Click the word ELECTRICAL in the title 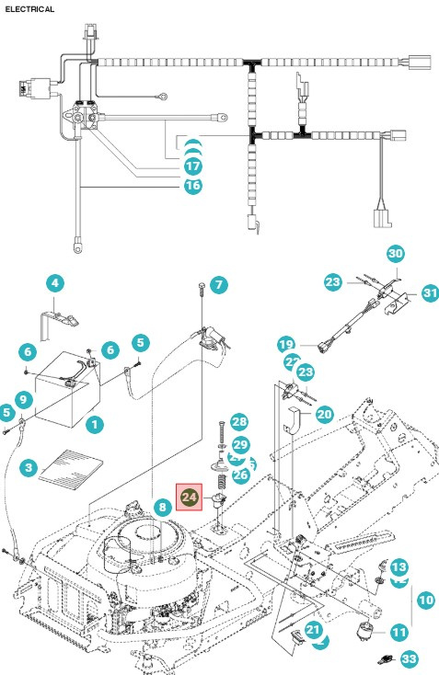29,8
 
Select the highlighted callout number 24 189,497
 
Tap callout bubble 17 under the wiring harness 192,166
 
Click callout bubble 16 192,186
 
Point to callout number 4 55,282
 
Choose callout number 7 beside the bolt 217,285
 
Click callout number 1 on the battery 93,424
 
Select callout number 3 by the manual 29,469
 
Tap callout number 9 23,400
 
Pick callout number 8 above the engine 161,506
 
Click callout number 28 239,422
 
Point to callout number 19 285,345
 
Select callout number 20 324,415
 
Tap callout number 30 395,253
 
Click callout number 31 430,292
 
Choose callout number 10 425,600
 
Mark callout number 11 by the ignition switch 399,632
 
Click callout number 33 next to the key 410,658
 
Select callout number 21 313,630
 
